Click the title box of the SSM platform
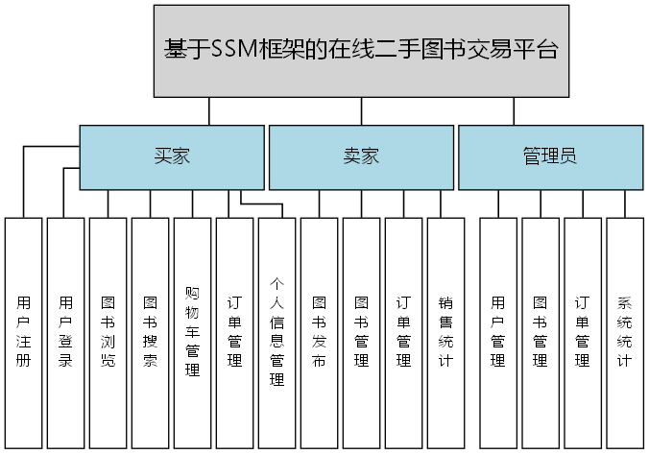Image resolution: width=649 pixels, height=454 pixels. (x=362, y=50)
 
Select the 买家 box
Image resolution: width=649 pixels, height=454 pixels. (x=171, y=156)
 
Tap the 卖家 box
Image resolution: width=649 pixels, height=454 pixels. (x=360, y=156)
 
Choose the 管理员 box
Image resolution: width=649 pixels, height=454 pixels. (x=549, y=156)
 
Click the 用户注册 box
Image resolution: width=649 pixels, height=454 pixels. (x=24, y=332)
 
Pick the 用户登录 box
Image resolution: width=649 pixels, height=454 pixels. (x=65, y=332)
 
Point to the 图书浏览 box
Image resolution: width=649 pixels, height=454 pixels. (x=108, y=332)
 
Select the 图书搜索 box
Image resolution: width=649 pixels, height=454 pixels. (x=150, y=332)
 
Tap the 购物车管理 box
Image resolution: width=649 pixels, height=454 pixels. (x=192, y=332)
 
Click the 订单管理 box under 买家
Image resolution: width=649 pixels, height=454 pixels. (x=234, y=332)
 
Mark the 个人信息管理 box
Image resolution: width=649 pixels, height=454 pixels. (x=276, y=332)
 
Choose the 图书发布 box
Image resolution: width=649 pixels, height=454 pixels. (x=319, y=332)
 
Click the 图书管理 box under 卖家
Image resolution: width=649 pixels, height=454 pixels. (x=361, y=332)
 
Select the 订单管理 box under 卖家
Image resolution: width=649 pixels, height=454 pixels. (x=403, y=332)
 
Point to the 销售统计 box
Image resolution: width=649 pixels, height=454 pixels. (x=445, y=332)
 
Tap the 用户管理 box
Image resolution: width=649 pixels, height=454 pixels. (x=498, y=332)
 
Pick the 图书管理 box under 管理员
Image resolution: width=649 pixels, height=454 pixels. (x=541, y=332)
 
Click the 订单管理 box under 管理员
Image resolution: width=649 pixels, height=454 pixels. (x=582, y=332)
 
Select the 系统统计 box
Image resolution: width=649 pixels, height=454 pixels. (x=624, y=332)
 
